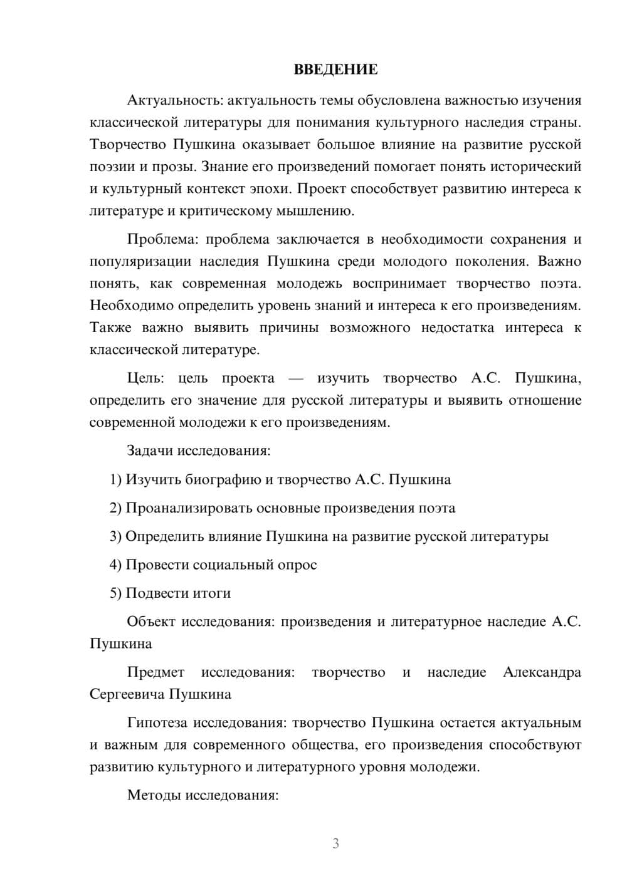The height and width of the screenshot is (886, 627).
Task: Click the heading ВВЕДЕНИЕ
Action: pyautogui.click(x=335, y=70)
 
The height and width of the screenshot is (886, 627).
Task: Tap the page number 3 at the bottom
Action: pyautogui.click(x=335, y=843)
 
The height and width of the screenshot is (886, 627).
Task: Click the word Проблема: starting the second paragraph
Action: pyautogui.click(x=161, y=239)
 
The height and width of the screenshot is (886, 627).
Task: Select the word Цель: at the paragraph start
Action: pyautogui.click(x=145, y=378)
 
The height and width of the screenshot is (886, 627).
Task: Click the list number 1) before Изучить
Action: pyautogui.click(x=115, y=480)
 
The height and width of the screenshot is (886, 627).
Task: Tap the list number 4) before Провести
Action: pyautogui.click(x=115, y=565)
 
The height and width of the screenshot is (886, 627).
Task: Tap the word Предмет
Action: pyautogui.click(x=155, y=672)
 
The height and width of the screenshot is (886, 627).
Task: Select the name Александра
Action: pyautogui.click(x=542, y=672)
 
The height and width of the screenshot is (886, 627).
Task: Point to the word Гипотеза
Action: pyautogui.click(x=157, y=723)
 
